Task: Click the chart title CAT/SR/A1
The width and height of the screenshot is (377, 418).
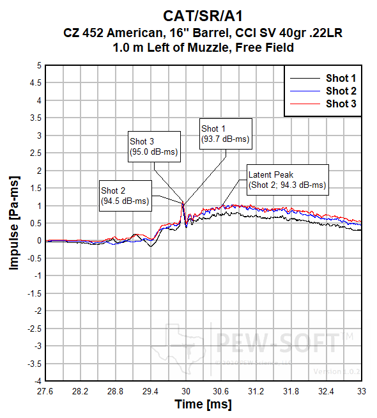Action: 202,15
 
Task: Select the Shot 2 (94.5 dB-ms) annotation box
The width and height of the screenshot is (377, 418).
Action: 125,196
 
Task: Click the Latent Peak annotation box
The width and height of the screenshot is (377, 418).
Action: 288,180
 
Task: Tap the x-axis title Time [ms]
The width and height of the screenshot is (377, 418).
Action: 203,405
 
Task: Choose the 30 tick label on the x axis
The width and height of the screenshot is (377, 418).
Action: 186,390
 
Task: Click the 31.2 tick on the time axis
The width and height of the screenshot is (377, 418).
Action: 256,390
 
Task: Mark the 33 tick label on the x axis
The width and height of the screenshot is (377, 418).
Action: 361,390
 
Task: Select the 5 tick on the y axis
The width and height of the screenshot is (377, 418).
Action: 39,65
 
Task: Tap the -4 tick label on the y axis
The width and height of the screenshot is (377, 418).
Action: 38,381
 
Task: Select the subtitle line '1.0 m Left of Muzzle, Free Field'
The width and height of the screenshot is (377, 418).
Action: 202,47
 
